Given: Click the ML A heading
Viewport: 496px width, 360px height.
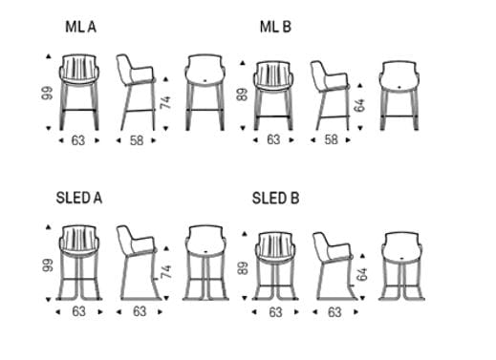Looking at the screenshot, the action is (x=80, y=27).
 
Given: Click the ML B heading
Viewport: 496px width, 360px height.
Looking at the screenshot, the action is (x=275, y=27).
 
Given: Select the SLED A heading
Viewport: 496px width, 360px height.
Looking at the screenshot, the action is (x=79, y=198).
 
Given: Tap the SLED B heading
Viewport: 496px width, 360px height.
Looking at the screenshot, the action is (x=275, y=199).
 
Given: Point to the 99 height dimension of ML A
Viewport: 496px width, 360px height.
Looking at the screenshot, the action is (x=47, y=93).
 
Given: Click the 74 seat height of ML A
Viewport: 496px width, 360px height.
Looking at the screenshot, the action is (x=165, y=102).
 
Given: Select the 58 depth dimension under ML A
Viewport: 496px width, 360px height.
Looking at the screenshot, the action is (x=137, y=140).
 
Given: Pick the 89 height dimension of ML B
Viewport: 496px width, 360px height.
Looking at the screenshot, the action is (x=242, y=95).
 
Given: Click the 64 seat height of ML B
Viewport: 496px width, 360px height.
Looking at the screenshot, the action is (x=359, y=105).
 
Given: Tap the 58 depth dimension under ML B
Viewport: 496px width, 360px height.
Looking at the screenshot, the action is (x=331, y=139).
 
